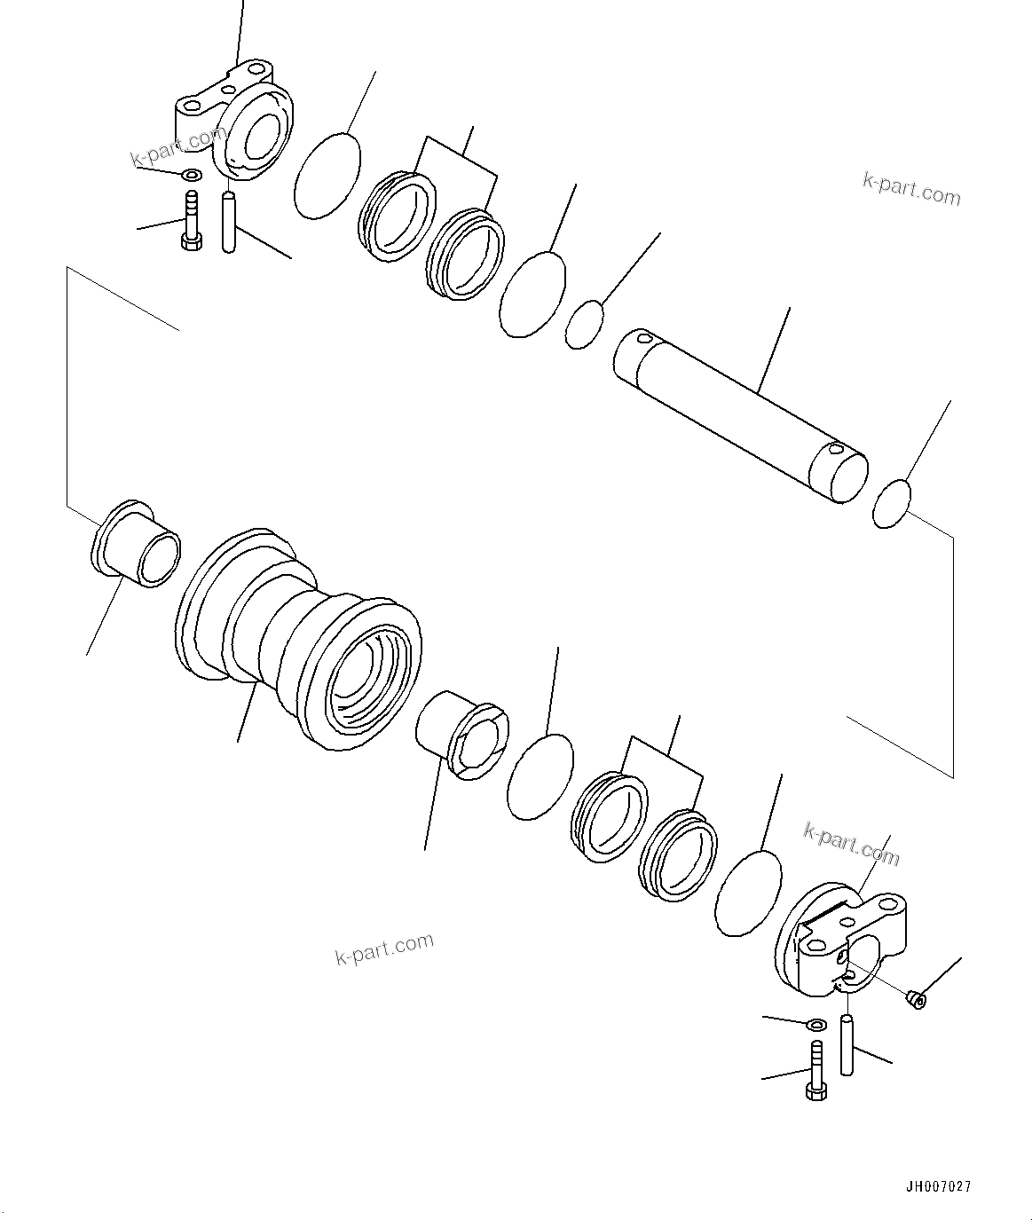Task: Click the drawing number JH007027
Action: click(939, 1186)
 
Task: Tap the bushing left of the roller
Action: click(137, 545)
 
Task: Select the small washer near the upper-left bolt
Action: click(191, 173)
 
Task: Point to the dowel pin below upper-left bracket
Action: click(229, 222)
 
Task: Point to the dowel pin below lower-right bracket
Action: click(847, 1046)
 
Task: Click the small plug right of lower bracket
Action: click(917, 1000)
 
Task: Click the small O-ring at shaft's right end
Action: click(893, 504)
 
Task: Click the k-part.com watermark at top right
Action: click(911, 188)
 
